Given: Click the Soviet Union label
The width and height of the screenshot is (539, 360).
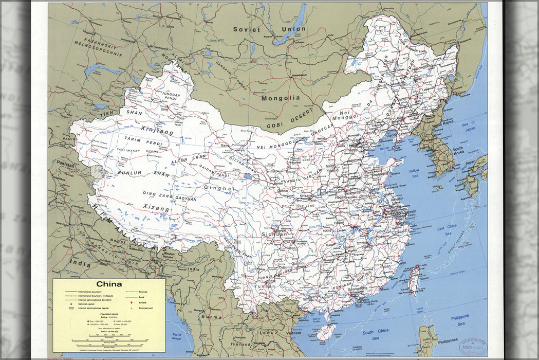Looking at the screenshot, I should point(269,29).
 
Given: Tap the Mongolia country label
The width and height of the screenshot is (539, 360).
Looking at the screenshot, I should point(280,98).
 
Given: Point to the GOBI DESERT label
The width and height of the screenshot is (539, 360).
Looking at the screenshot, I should point(291,117).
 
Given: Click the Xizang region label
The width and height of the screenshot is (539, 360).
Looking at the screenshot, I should point(156,208).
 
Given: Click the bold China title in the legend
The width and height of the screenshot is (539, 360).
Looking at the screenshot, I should point(109,284).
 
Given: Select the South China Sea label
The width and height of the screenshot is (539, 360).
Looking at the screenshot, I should point(375,335).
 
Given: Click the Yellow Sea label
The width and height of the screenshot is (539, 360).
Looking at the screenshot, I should point(414,173).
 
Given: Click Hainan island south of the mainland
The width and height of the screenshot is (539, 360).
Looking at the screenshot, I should point(326,331).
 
